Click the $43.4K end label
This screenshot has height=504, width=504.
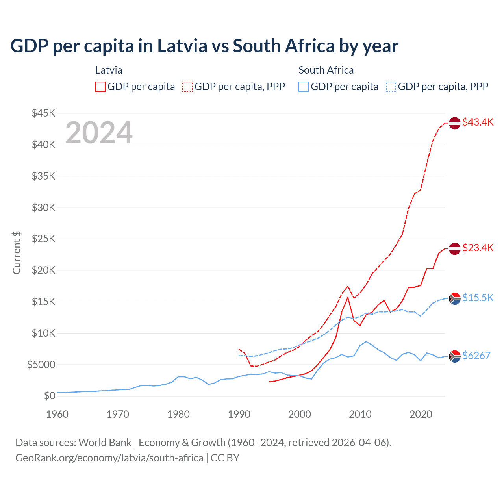click(478, 122)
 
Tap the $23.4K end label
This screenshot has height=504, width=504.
click(478, 248)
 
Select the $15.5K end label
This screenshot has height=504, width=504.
click(478, 298)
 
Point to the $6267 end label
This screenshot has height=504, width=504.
click(476, 356)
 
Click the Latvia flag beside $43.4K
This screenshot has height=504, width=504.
click(455, 123)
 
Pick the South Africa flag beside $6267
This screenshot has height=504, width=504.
click(455, 356)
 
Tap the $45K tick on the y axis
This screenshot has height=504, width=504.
click(44, 113)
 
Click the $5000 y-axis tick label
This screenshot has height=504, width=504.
click(41, 365)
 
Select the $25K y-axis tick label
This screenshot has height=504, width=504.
click(44, 239)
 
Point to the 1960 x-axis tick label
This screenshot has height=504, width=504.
click(57, 414)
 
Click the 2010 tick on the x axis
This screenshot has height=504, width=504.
click(360, 414)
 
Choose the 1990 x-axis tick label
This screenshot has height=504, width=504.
click(239, 414)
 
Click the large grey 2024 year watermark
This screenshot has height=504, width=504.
click(99, 133)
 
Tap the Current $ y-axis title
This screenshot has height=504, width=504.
click(17, 252)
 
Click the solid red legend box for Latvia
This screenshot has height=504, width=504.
click(100, 87)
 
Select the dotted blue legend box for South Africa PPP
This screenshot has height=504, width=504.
click(391, 87)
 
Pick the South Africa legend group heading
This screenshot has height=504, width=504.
click(326, 70)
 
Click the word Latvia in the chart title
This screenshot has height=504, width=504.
click(182, 46)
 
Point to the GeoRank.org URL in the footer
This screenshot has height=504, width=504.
click(109, 458)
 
